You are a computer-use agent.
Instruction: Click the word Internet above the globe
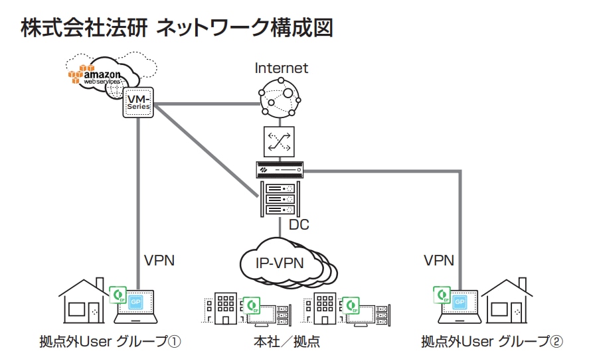pos(282,68)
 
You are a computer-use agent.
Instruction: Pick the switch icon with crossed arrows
pos(279,141)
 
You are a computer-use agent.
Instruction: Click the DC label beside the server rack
pos(299,224)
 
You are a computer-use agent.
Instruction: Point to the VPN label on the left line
pos(159,260)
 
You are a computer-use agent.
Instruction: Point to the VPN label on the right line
pos(439,260)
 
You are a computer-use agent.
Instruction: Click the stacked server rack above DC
pos(280,198)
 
